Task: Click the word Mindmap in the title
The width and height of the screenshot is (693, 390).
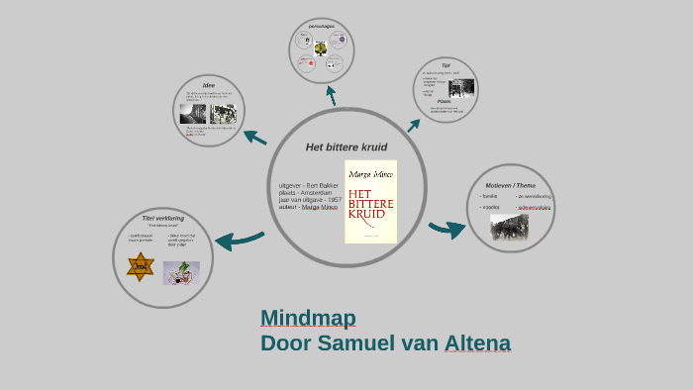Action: pos(308,318)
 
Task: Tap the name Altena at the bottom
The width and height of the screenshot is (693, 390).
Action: pos(478,343)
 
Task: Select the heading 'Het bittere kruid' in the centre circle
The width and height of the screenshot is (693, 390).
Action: pos(346,146)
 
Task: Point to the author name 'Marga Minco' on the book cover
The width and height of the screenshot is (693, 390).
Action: pos(370,174)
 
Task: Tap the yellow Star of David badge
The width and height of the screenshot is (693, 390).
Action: pos(141,266)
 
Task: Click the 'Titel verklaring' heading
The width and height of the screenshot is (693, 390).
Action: pos(163,218)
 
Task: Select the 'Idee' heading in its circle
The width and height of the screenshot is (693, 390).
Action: pos(209,85)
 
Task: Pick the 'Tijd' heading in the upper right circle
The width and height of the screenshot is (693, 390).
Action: pos(445,65)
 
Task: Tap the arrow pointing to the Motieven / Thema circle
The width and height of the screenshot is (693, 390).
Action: pos(447,230)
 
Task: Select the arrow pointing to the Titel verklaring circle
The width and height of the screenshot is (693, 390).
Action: pos(238,239)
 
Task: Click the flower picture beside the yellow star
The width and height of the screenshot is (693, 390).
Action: pos(181,272)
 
